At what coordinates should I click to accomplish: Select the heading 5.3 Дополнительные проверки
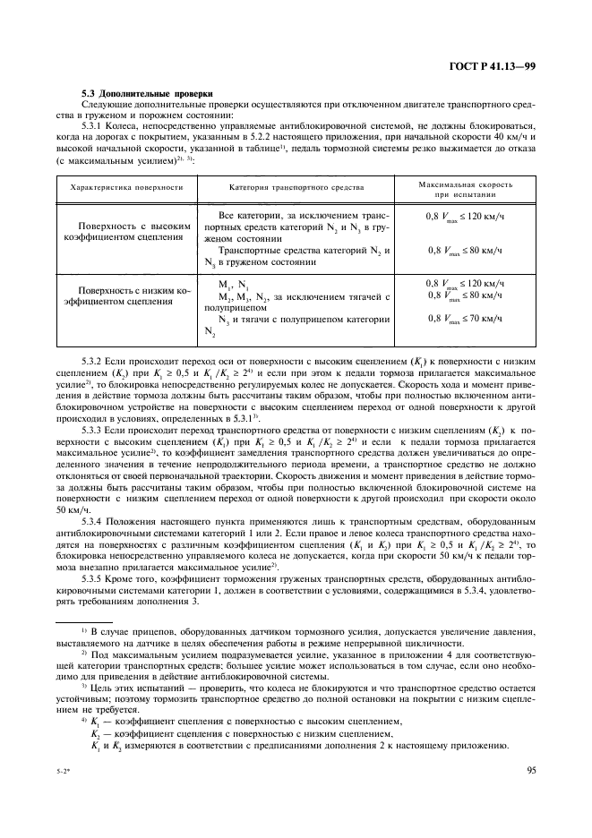[x=147, y=92]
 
